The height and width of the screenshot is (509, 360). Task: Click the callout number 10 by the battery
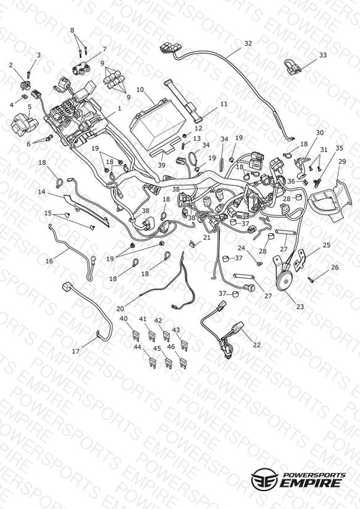[x=140, y=90]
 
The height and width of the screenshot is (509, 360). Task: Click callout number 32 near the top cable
[x=248, y=43]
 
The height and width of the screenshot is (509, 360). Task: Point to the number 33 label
[x=323, y=55]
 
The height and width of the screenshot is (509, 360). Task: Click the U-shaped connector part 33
[x=293, y=67]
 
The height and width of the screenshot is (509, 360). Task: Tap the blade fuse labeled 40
[x=136, y=336]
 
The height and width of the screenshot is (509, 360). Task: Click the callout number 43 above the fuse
[x=176, y=330]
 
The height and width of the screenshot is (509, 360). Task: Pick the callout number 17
[x=75, y=351]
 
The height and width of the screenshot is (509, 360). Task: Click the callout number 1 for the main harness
[x=119, y=109]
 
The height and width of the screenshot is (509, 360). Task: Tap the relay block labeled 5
[x=23, y=124]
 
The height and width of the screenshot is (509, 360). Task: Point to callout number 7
[x=104, y=49]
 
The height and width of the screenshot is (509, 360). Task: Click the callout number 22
[x=257, y=345]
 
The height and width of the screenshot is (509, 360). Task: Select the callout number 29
[x=343, y=161]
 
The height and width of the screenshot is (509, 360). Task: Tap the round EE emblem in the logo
[x=264, y=479]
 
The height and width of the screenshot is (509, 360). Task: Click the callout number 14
[x=41, y=192]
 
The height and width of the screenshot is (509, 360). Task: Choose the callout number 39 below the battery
[x=161, y=165]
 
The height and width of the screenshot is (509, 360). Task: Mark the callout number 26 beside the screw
[x=335, y=267]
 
